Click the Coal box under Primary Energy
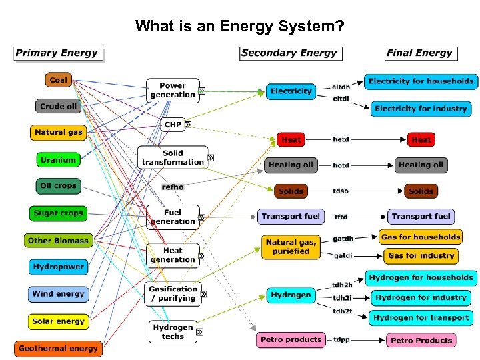58,80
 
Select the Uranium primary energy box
58,159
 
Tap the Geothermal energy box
58,349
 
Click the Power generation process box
173,91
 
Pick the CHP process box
173,125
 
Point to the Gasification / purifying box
173,294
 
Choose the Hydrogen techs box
173,332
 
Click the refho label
172,187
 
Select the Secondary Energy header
289,53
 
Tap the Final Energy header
420,53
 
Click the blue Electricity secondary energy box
291,91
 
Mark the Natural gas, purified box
291,247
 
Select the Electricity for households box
421,81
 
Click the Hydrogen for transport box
421,318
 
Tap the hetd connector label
341,140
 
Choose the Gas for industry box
421,256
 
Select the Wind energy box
58,294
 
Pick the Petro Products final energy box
421,341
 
